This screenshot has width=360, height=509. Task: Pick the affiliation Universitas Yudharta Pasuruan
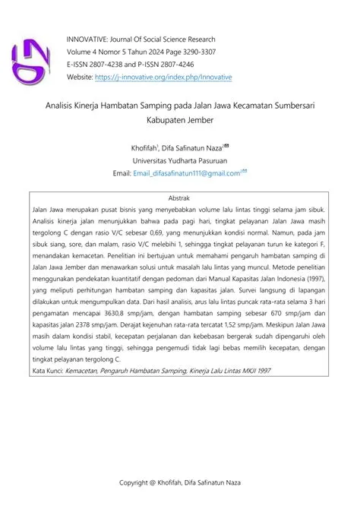point(179,162)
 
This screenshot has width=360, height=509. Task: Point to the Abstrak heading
point(179,197)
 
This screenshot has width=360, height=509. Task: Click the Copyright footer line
point(179,483)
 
